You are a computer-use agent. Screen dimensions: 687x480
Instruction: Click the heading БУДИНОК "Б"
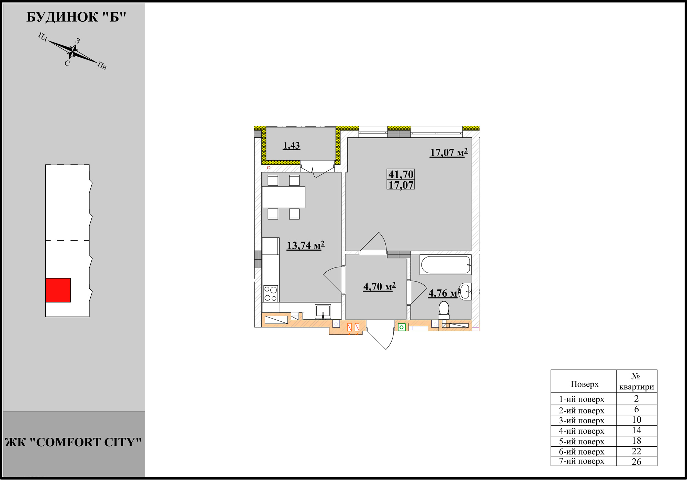pyautogui.click(x=76, y=17)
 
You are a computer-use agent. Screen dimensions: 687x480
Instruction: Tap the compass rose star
pyautogui.click(x=72, y=52)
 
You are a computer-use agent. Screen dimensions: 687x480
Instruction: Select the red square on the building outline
pyautogui.click(x=58, y=290)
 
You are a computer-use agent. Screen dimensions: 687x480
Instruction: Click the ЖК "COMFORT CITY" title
pyautogui.click(x=73, y=442)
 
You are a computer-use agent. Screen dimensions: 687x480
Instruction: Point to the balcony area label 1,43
pyautogui.click(x=291, y=146)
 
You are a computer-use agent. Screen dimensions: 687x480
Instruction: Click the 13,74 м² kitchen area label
pyautogui.click(x=306, y=245)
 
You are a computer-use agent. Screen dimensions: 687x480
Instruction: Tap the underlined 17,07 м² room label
pyautogui.click(x=449, y=152)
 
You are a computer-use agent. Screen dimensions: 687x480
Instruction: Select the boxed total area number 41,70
pyautogui.click(x=401, y=174)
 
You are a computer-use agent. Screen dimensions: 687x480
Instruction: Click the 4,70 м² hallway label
pyautogui.click(x=380, y=286)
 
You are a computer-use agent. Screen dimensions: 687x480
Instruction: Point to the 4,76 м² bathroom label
pyautogui.click(x=444, y=293)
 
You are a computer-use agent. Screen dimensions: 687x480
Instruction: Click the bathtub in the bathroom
pyautogui.click(x=446, y=265)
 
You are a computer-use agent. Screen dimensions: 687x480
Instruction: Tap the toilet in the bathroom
pyautogui.click(x=444, y=311)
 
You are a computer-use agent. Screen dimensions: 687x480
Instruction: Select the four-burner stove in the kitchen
pyautogui.click(x=271, y=294)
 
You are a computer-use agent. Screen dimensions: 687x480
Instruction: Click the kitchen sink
pyautogui.click(x=323, y=311)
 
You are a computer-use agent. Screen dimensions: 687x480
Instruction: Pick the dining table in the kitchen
pyautogui.click(x=283, y=197)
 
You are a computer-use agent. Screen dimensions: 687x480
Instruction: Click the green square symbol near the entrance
pyautogui.click(x=401, y=327)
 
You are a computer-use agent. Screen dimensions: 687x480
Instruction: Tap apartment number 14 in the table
pyautogui.click(x=637, y=430)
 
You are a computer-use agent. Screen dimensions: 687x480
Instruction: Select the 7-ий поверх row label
pyautogui.click(x=581, y=461)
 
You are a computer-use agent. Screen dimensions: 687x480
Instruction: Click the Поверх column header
pyautogui.click(x=584, y=384)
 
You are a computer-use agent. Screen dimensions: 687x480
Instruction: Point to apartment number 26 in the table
pyautogui.click(x=637, y=462)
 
